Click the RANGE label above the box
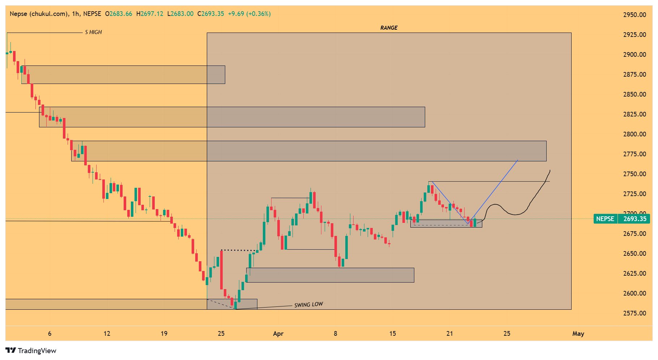point(389,28)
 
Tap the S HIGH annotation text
point(93,32)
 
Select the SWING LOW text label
point(308,305)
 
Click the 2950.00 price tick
point(634,15)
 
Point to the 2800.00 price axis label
point(634,134)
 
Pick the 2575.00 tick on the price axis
point(634,313)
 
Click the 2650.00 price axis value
point(634,254)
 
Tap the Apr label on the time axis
point(278,334)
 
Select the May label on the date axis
point(578,334)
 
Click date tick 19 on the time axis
point(164,334)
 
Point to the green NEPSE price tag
point(605,219)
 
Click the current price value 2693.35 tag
point(634,219)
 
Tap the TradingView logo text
point(37,351)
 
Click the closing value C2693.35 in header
point(210,14)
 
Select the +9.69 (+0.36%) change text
point(249,14)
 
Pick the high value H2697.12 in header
point(150,14)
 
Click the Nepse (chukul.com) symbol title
point(39,14)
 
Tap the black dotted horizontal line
point(238,250)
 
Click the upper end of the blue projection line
point(518,160)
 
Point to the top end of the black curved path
point(550,170)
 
